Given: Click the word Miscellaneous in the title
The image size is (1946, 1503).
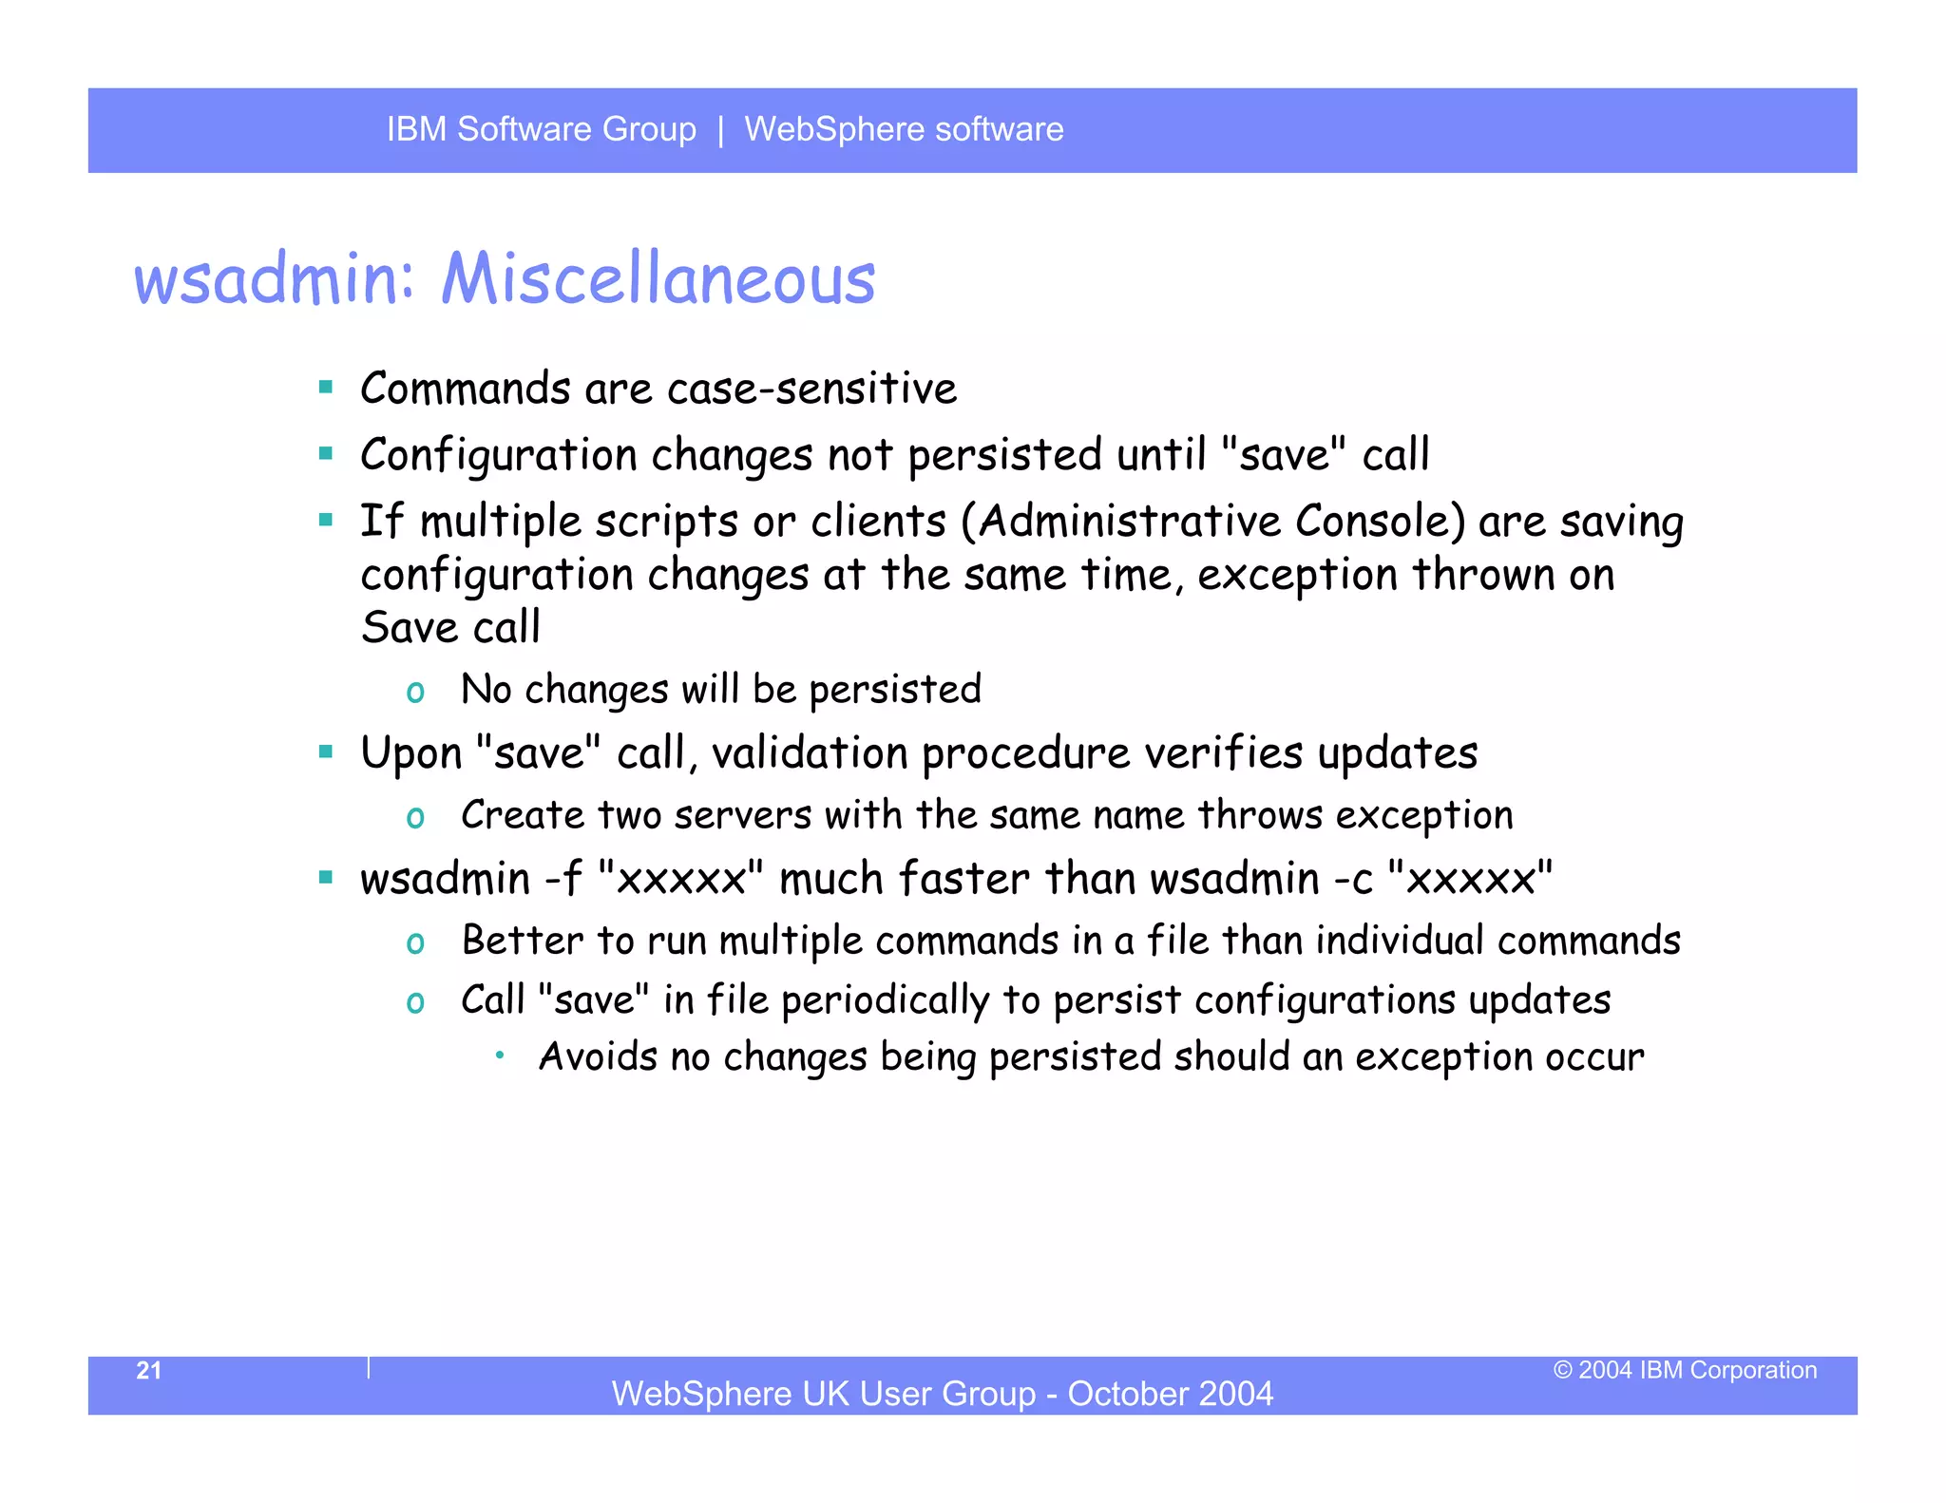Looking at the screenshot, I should click(658, 279).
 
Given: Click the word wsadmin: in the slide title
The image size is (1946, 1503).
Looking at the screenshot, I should click(275, 279).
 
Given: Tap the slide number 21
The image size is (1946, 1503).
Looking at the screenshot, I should click(149, 1370).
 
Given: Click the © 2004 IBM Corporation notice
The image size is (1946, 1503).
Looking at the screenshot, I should click(1685, 1370).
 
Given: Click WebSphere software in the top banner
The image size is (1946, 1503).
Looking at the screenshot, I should click(904, 129).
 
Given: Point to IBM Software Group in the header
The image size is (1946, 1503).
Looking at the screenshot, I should click(541, 129).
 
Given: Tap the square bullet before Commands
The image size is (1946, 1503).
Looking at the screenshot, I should click(326, 387).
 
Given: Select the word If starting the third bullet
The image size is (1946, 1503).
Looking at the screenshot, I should click(381, 522).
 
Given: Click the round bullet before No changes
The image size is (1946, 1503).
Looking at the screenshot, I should click(415, 693).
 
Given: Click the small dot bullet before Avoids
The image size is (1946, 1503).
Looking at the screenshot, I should click(500, 1055).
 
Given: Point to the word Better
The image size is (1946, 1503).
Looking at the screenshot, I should click(522, 941).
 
